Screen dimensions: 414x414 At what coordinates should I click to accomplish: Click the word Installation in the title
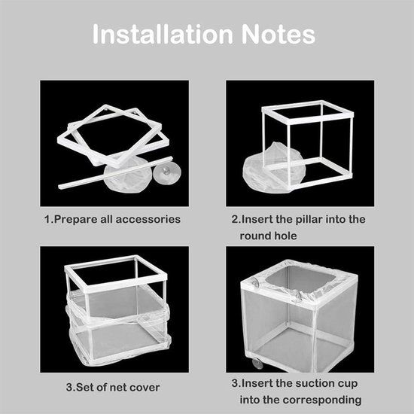click(162, 35)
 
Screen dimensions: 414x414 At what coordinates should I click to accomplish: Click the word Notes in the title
click(278, 35)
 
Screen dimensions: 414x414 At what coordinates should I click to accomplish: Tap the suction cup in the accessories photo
click(167, 172)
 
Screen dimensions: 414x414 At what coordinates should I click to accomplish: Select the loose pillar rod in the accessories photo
click(115, 173)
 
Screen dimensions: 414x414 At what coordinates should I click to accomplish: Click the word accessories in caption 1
click(148, 219)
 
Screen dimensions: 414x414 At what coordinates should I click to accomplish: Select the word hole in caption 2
click(285, 236)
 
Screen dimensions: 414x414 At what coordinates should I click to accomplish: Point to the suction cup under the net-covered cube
click(257, 363)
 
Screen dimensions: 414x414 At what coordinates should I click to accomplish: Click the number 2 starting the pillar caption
click(234, 219)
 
